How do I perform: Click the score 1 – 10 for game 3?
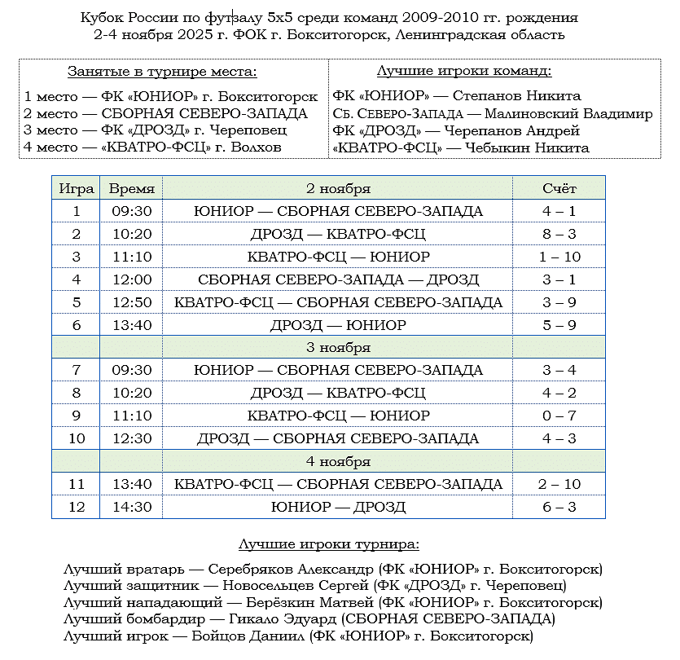pos(559,257)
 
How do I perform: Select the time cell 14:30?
pos(131,507)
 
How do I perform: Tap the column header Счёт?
pos(559,188)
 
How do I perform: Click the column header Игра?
pos(77,188)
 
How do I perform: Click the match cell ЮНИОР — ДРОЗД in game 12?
pos(338,507)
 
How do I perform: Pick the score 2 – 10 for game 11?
pos(559,484)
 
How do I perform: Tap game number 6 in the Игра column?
pos(77,325)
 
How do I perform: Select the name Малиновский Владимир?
pos(568,114)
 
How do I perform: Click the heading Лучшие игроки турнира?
pos(329,543)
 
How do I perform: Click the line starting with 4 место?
pos(153,147)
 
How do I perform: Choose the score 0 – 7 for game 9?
pos(559,416)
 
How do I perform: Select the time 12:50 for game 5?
pos(131,302)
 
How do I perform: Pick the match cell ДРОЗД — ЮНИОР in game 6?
pos(338,325)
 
